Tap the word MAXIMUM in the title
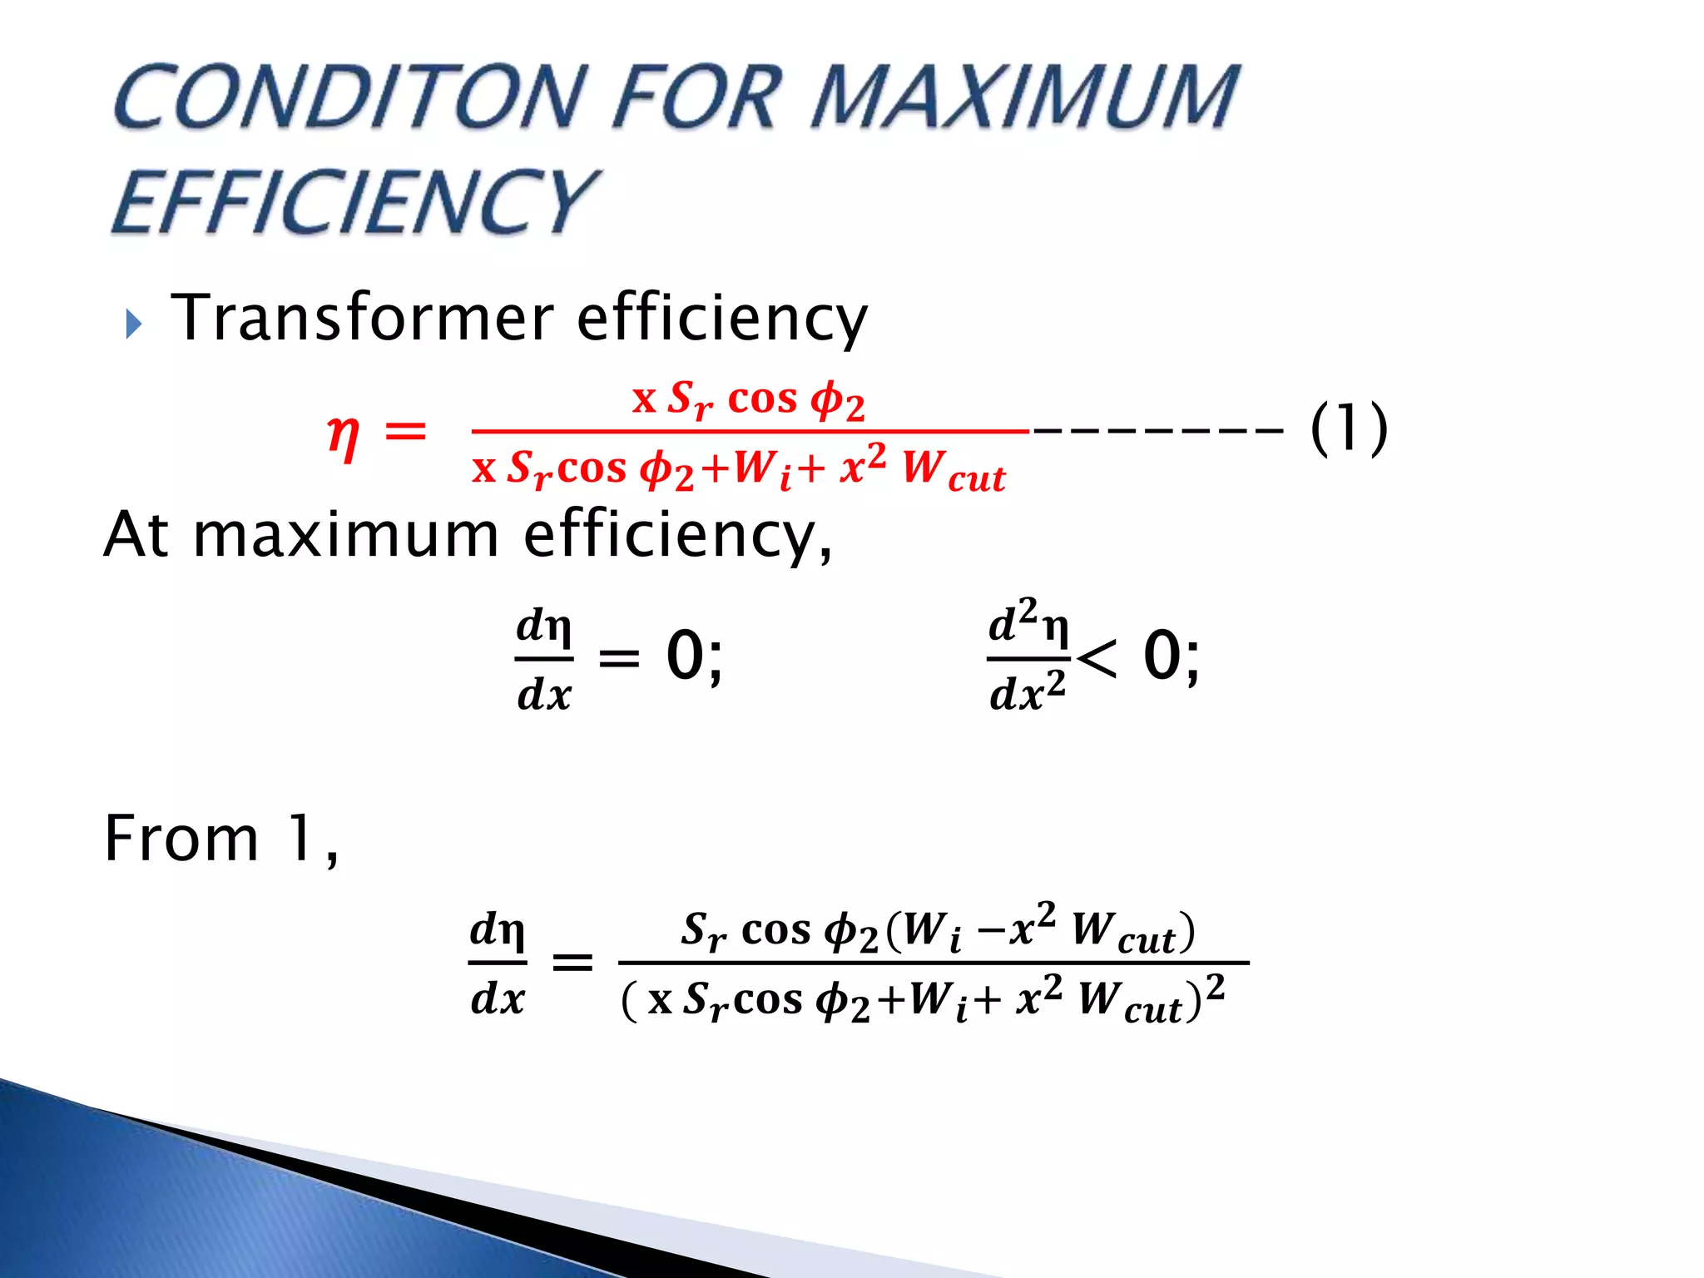coord(1025,97)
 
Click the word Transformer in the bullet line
coord(363,318)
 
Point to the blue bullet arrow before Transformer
coord(134,324)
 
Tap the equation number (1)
coord(1349,429)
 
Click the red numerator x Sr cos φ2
coord(748,399)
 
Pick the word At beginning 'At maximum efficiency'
coord(136,535)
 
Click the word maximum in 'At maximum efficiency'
coord(345,535)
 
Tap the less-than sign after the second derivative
coord(1096,659)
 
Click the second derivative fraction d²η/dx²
coord(1028,657)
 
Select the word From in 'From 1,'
coord(181,839)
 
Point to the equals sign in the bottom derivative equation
coord(573,963)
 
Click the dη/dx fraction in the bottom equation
coord(498,963)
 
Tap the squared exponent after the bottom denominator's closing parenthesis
coord(1216,988)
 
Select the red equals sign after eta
coord(405,433)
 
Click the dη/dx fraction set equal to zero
coord(544,659)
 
